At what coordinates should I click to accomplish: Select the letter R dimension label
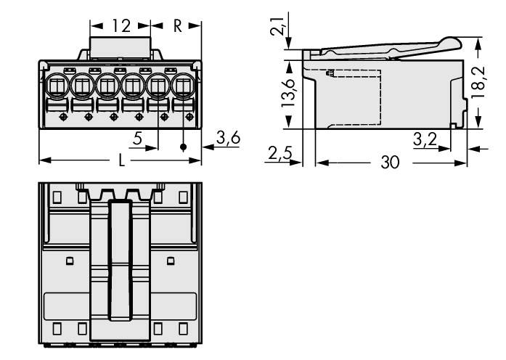(x=177, y=26)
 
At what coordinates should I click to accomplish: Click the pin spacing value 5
(x=136, y=138)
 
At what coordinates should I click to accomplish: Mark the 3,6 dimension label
(x=228, y=138)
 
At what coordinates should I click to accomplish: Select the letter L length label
(x=121, y=161)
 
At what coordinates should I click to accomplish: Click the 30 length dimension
(x=390, y=163)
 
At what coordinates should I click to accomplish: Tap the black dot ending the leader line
(x=183, y=147)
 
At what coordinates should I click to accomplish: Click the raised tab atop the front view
(x=121, y=47)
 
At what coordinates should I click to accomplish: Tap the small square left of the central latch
(x=70, y=261)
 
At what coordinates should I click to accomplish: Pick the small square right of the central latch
(x=171, y=261)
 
